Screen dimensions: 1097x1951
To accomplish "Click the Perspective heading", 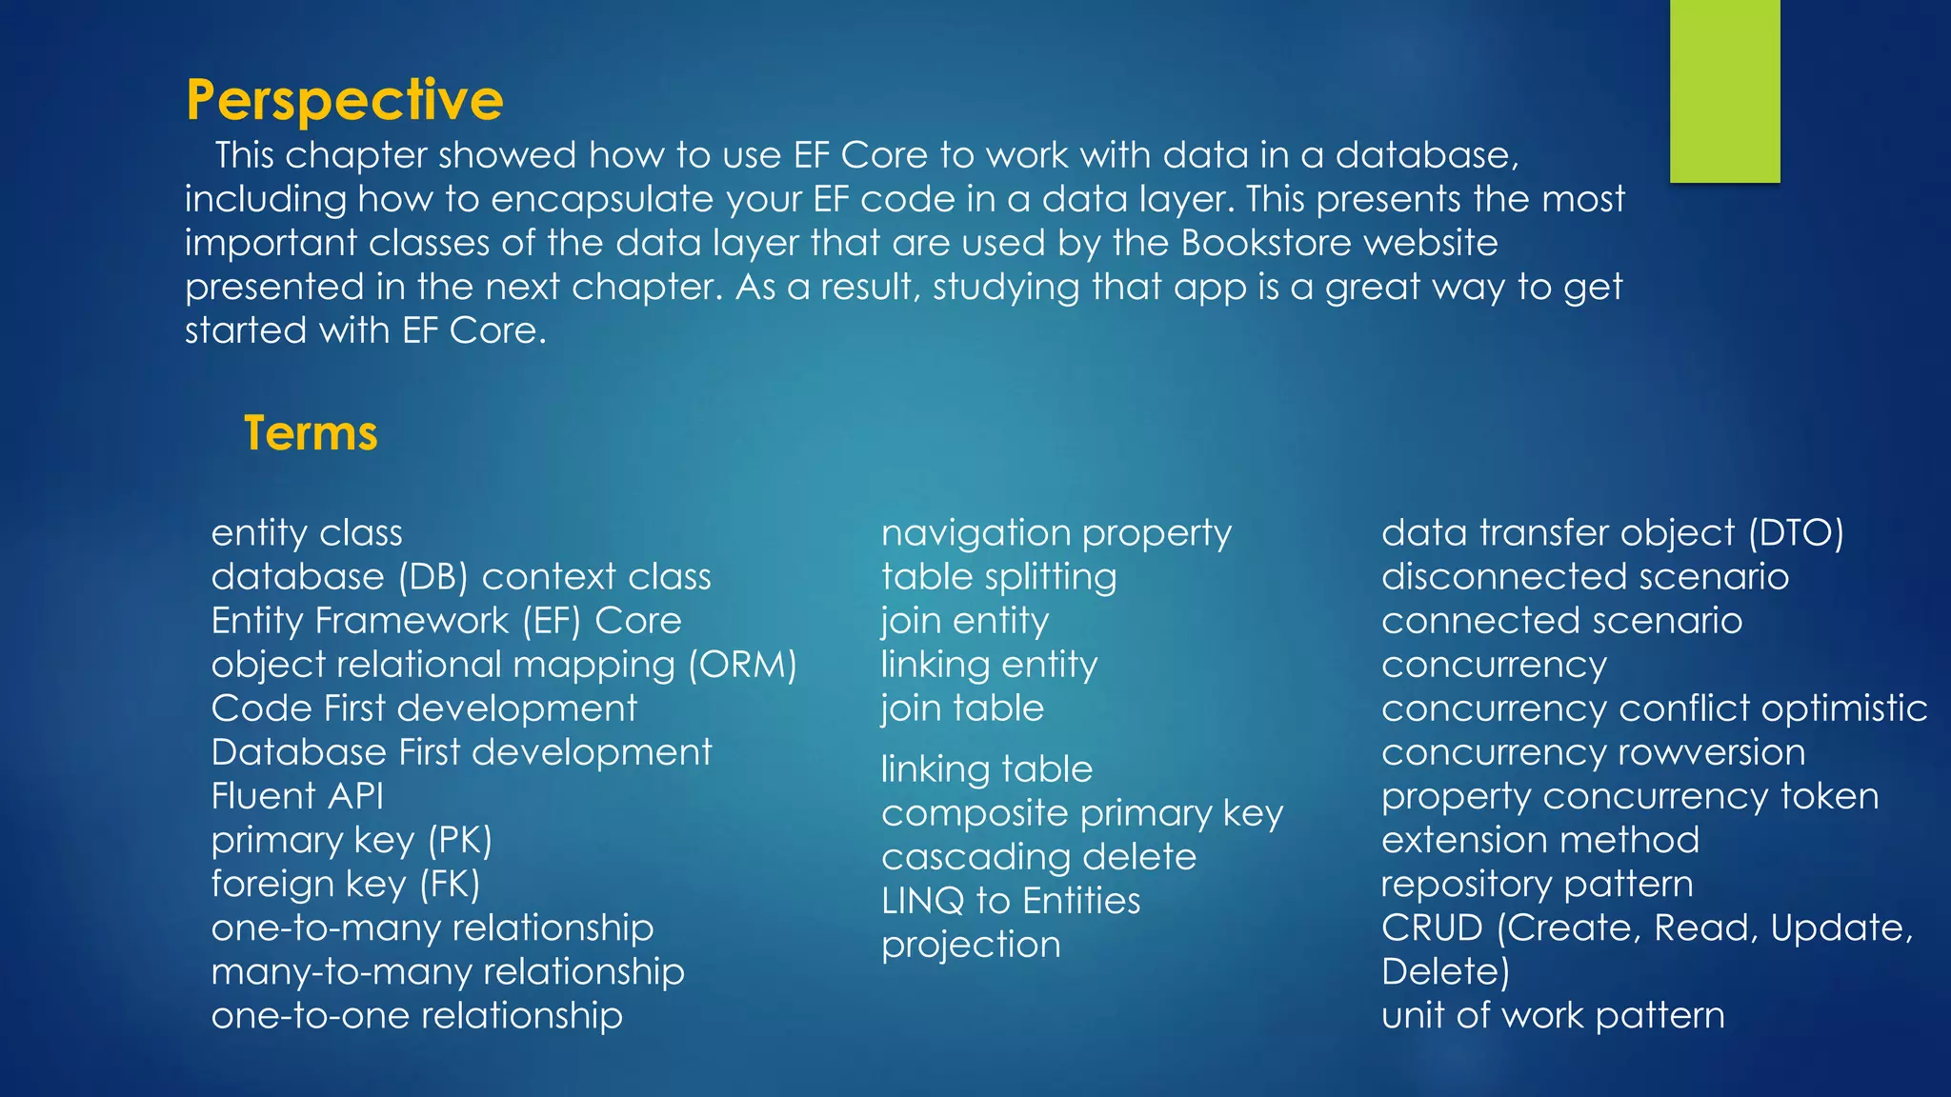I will (344, 100).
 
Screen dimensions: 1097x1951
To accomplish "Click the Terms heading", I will (311, 433).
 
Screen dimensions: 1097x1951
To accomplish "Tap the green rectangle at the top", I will (1724, 90).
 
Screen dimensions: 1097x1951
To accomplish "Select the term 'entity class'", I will (307, 533).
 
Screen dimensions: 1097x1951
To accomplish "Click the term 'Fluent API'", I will (297, 796).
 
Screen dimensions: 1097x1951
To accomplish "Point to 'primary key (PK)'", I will (352, 840).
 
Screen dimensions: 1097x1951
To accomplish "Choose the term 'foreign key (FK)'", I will (346, 884).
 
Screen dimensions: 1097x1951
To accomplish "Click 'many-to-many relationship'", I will (448, 971).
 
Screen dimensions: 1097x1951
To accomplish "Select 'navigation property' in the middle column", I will (1056, 533).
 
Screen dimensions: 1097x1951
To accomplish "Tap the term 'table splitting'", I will (998, 577).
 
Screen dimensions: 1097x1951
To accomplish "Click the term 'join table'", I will (962, 708).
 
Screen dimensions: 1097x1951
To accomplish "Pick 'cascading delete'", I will (1038, 857).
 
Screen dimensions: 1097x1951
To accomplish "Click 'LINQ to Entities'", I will (1010, 901).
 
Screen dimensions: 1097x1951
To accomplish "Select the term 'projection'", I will (971, 945).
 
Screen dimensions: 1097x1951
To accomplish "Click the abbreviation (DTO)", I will (1796, 533).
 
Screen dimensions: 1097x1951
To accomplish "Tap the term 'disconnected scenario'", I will (1585, 577).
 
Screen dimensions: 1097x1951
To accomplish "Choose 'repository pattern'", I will (1537, 884).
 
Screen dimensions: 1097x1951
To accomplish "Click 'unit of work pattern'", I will (1553, 1015).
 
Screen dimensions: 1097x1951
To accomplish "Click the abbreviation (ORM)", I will (742, 665).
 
